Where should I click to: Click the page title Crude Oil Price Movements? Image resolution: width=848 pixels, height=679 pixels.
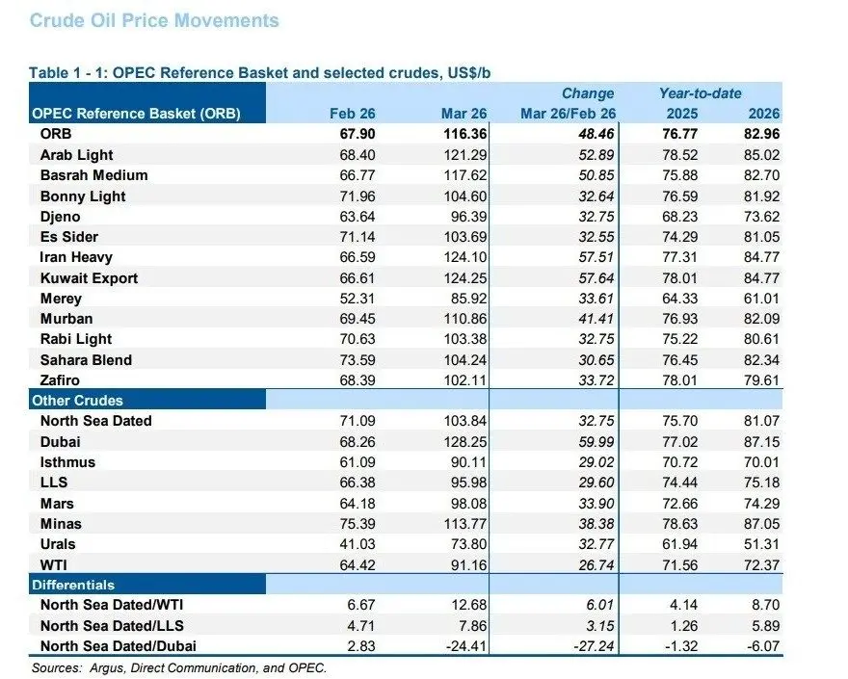click(154, 20)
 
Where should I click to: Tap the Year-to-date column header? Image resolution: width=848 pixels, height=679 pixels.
click(700, 93)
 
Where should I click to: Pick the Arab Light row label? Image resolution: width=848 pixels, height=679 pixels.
click(76, 155)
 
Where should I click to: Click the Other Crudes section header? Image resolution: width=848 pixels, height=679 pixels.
click(78, 400)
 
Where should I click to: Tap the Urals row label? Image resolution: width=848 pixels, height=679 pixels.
click(60, 544)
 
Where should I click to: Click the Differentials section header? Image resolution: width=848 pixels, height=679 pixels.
click(73, 585)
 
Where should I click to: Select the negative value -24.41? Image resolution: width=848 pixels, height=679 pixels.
click(465, 646)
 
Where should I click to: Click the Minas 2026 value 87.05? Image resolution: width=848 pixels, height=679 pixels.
click(759, 524)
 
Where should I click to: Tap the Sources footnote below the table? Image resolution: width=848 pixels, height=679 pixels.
click(179, 667)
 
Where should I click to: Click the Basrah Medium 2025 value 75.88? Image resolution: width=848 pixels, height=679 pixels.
click(680, 175)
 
